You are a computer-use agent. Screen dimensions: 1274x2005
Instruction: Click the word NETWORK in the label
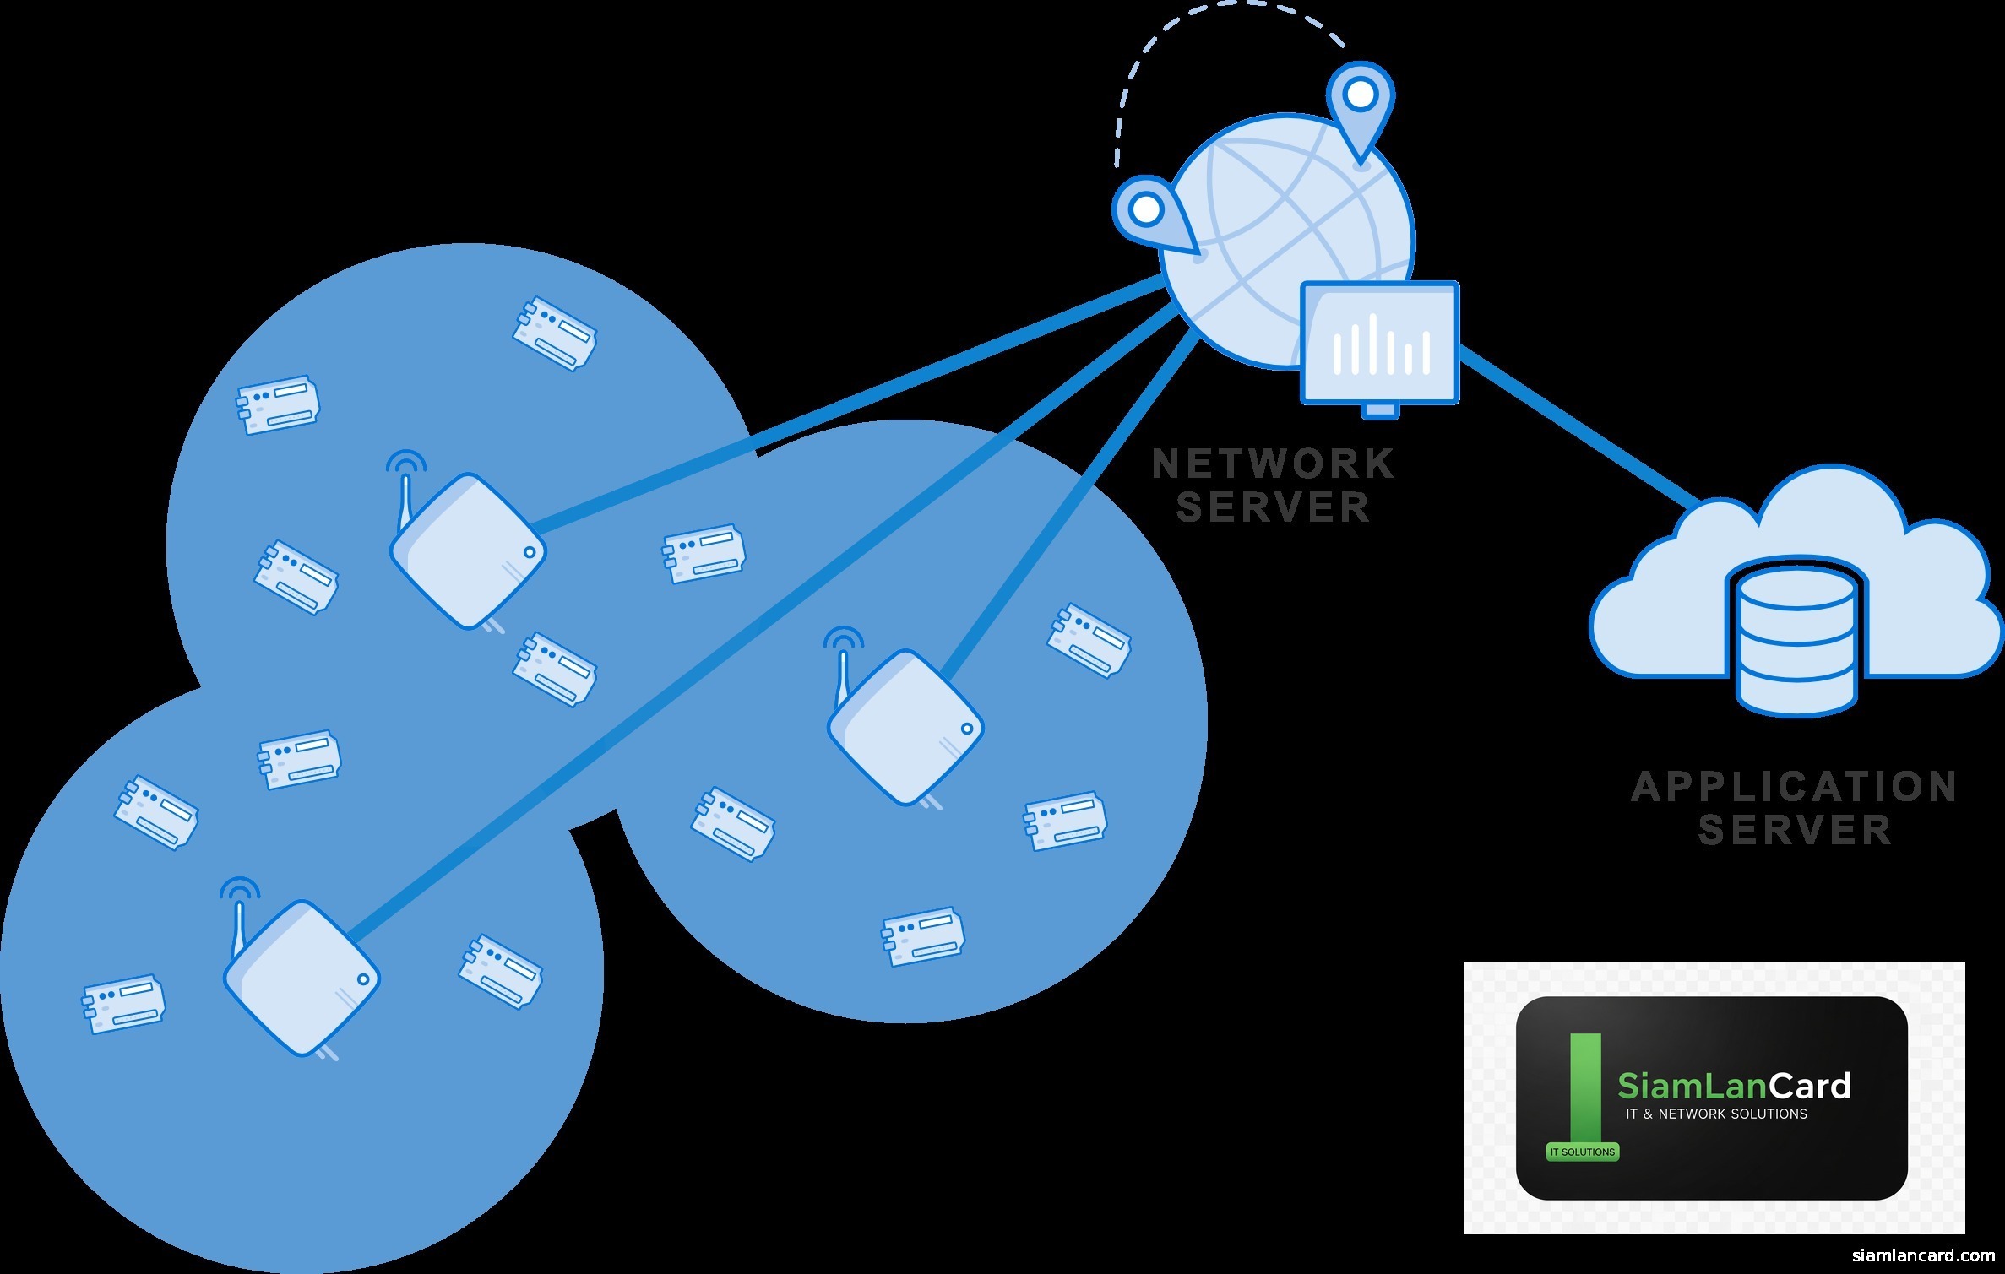(x=1273, y=464)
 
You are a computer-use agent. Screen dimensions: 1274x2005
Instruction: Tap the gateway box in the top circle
(x=468, y=551)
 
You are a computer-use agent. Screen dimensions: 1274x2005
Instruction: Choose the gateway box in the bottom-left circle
(x=302, y=978)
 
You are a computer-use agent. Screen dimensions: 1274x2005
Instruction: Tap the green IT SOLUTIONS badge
(x=1582, y=1152)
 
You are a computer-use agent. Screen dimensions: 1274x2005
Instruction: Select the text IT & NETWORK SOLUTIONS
(x=1716, y=1114)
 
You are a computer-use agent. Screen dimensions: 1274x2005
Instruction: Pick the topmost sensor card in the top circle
(x=555, y=332)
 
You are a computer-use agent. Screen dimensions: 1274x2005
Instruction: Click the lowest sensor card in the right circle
(x=923, y=935)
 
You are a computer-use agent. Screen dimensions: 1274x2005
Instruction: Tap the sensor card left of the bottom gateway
(x=123, y=1005)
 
